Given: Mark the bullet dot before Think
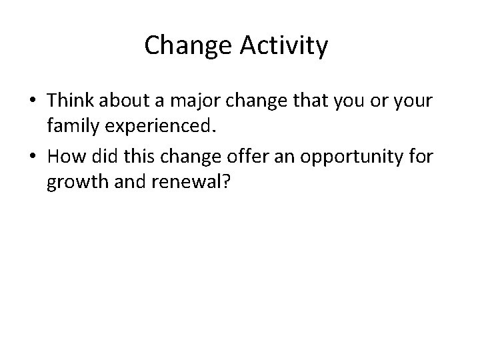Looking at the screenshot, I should pyautogui.click(x=33, y=101).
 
